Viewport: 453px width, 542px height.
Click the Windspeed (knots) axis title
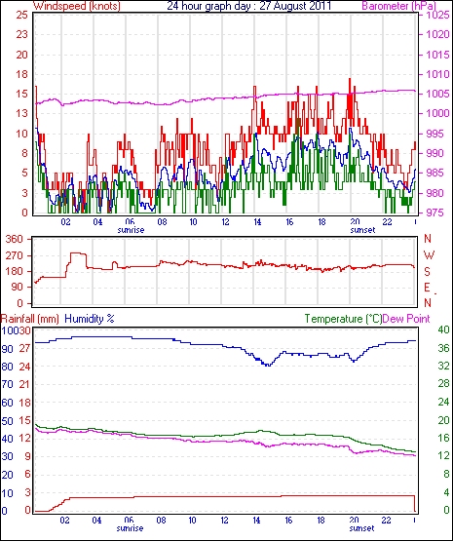[x=77, y=6]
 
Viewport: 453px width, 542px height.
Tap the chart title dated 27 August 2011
[x=249, y=6]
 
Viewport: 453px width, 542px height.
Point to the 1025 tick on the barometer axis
[x=437, y=16]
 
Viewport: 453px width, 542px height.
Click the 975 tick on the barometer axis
[x=437, y=213]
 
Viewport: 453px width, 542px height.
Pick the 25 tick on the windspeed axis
[x=21, y=16]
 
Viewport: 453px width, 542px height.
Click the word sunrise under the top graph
[x=131, y=230]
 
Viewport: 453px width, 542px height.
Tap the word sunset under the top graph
[x=362, y=230]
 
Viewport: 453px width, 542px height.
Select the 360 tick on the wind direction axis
[x=15, y=239]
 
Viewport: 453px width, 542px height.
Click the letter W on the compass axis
[x=429, y=255]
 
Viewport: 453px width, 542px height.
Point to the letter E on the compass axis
[x=427, y=288]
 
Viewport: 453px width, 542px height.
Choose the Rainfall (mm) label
[x=30, y=319]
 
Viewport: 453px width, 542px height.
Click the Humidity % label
[x=90, y=319]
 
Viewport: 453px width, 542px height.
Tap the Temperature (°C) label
[x=343, y=319]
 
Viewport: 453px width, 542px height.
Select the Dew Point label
[x=406, y=319]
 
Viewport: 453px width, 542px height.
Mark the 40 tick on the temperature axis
[x=443, y=329]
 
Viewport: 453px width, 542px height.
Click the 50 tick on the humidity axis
[x=7, y=421]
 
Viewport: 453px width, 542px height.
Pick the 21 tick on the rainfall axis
[x=24, y=384]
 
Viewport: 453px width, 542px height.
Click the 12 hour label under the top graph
[x=225, y=221]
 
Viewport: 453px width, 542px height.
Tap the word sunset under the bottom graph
[x=361, y=528]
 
